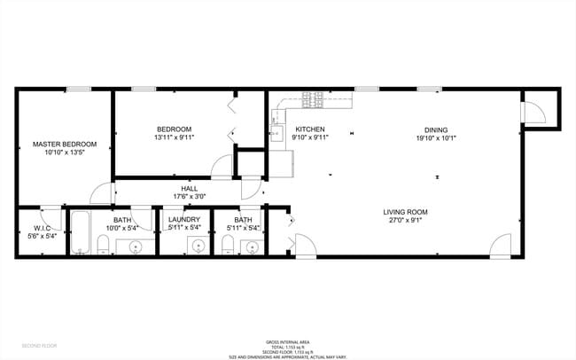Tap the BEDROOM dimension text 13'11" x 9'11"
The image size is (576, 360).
(174, 137)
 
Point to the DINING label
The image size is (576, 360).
(436, 129)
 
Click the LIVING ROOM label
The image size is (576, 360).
(406, 212)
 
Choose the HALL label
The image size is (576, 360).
(190, 188)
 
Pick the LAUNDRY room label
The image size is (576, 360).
(184, 219)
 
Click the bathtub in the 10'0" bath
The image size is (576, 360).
(80, 233)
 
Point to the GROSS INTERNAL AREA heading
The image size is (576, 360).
(288, 341)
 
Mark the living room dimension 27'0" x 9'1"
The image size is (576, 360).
(406, 222)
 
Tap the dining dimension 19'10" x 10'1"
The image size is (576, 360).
(436, 137)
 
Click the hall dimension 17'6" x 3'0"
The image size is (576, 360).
(190, 197)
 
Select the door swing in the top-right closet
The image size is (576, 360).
(533, 112)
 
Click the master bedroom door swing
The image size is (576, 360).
(102, 192)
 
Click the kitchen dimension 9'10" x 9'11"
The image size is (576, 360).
(311, 137)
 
